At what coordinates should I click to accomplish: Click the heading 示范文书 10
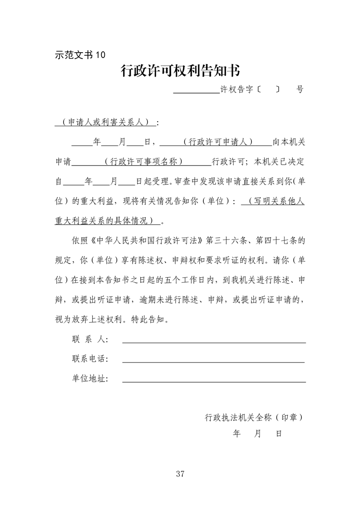pyautogui.click(x=80, y=55)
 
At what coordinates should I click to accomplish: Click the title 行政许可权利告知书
pyautogui.click(x=180, y=71)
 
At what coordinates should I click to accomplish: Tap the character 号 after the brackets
pyautogui.click(x=300, y=89)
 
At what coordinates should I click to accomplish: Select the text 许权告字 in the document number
pyautogui.click(x=237, y=89)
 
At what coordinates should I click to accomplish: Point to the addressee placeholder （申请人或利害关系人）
pyautogui.click(x=104, y=122)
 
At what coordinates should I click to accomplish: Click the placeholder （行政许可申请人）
pyautogui.click(x=217, y=142)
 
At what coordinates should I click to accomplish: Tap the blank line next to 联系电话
pyautogui.click(x=213, y=362)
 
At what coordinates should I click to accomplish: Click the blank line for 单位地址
pyautogui.click(x=213, y=381)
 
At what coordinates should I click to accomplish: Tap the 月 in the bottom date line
pyautogui.click(x=258, y=434)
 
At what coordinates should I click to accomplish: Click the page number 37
pyautogui.click(x=180, y=474)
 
